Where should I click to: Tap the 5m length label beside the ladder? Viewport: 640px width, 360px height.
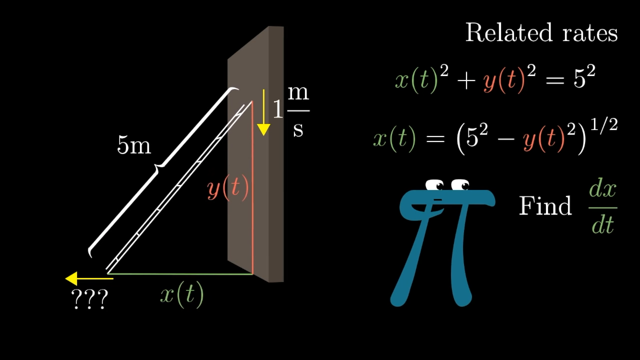pyautogui.click(x=133, y=145)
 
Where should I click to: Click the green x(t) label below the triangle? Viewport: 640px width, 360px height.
pyautogui.click(x=182, y=295)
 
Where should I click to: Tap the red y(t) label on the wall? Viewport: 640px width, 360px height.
pyautogui.click(x=227, y=188)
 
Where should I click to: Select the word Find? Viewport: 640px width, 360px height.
pyautogui.click(x=545, y=206)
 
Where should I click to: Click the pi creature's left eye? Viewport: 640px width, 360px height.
pyautogui.click(x=435, y=185)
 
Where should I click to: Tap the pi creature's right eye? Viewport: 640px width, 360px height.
pyautogui.click(x=460, y=185)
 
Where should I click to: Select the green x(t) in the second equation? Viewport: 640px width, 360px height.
pyautogui.click(x=394, y=138)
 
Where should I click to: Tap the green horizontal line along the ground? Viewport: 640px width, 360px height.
pyautogui.click(x=180, y=273)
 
